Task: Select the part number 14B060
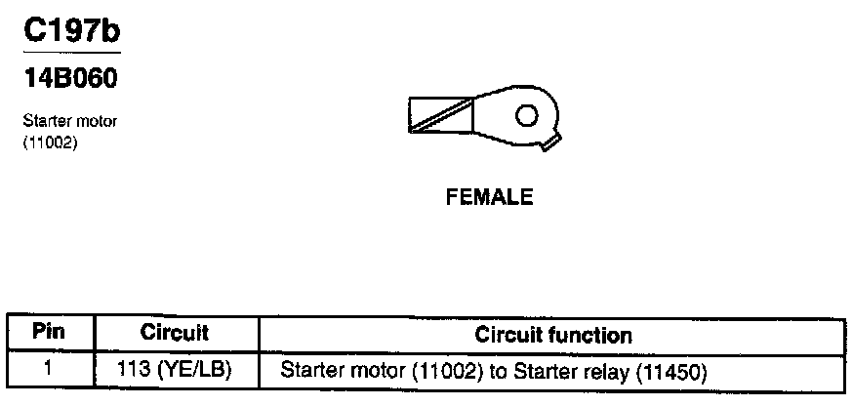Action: point(70,76)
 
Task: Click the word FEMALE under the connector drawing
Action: point(489,198)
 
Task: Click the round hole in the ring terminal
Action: point(526,115)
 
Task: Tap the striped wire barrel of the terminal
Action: point(440,116)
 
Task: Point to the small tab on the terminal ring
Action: point(550,144)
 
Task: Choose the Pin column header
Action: point(49,333)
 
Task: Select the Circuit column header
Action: point(175,333)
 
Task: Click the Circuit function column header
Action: point(553,335)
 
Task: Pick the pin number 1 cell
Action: point(48,371)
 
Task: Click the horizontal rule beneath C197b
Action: point(71,52)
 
